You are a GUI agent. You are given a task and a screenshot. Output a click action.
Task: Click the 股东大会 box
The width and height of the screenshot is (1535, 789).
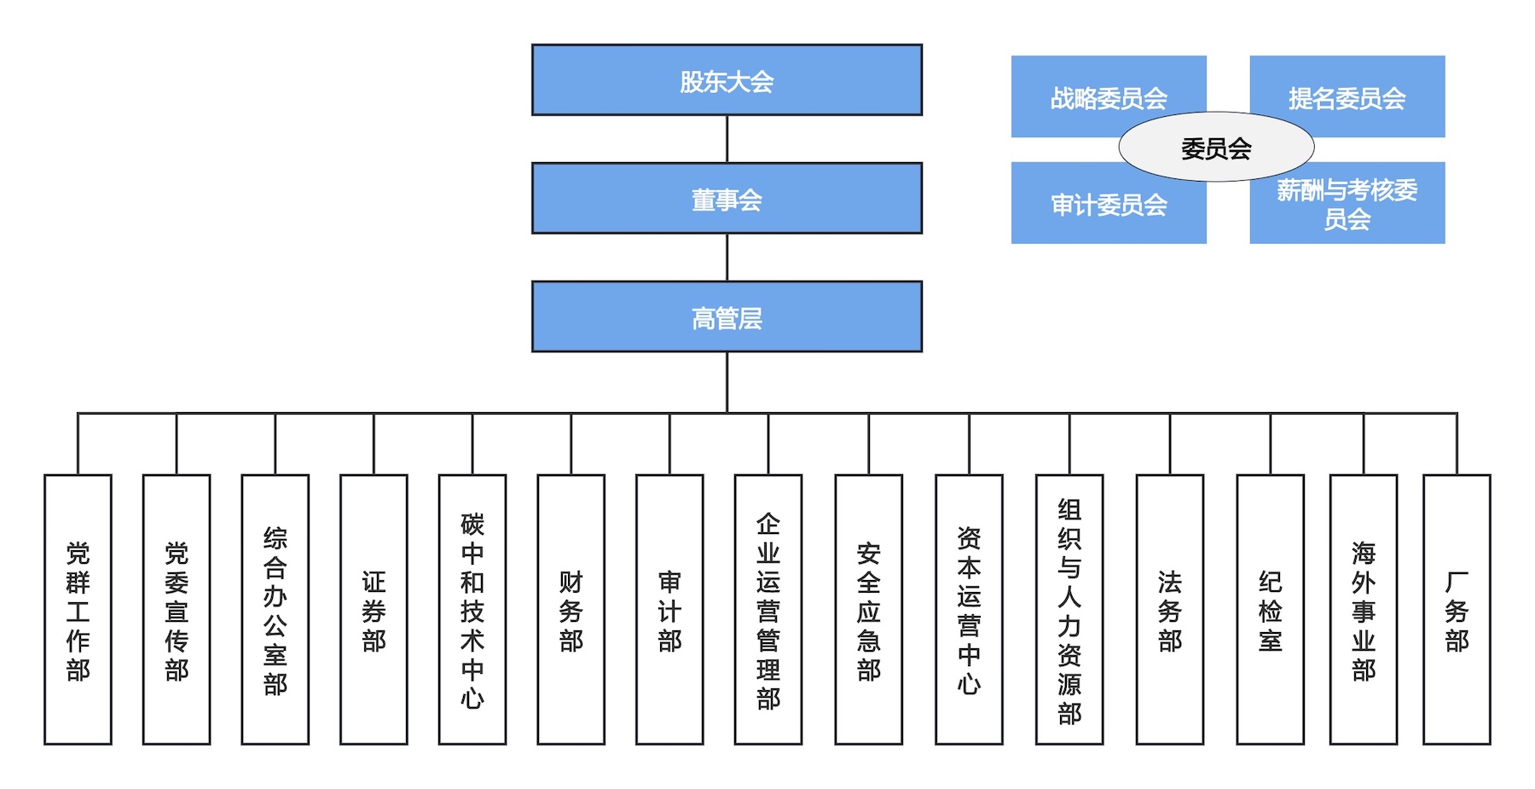tap(727, 80)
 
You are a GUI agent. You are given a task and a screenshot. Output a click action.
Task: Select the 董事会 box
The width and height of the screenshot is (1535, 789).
tap(727, 199)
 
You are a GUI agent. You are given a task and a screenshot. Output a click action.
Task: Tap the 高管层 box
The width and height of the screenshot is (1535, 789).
tap(727, 316)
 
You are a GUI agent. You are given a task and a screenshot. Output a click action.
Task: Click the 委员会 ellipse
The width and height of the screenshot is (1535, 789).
tap(1216, 148)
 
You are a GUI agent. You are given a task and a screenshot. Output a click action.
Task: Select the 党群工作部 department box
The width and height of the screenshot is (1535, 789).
tap(78, 609)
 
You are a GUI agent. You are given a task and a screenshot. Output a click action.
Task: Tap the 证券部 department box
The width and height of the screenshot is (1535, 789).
tap(374, 609)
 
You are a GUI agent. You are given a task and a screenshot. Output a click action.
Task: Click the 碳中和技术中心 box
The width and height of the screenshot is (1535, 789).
tap(472, 609)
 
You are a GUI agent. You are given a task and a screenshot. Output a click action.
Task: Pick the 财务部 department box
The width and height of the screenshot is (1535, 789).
tap(571, 609)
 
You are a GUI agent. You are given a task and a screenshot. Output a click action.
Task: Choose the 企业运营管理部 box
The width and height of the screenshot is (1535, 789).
tap(768, 609)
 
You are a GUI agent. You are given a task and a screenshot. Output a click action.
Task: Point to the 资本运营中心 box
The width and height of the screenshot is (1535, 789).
tap(969, 609)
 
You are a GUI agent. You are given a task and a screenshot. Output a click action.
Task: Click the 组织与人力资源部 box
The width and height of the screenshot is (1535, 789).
tap(1069, 609)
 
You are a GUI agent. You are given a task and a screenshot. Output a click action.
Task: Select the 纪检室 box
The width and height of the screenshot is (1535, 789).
tap(1270, 609)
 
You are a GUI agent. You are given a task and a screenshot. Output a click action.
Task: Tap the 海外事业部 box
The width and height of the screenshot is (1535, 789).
tap(1363, 609)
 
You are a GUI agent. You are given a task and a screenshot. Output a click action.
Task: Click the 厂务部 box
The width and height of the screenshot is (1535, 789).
tap(1457, 609)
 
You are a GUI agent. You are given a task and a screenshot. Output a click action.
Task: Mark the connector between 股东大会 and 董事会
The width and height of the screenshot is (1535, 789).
tap(727, 139)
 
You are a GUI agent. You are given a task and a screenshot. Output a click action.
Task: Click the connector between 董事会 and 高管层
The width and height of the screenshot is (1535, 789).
tap(727, 258)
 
